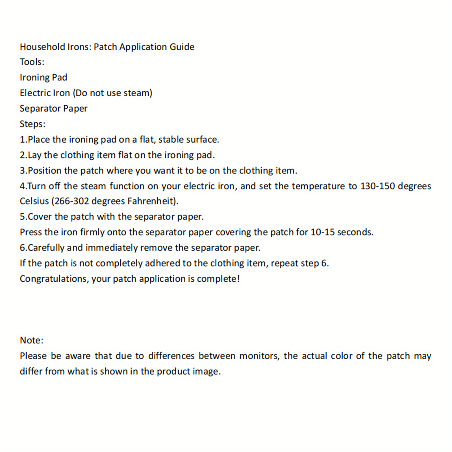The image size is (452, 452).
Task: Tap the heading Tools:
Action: click(x=32, y=62)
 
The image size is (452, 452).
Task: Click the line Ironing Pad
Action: click(x=44, y=77)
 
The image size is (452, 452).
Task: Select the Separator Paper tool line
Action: click(x=54, y=108)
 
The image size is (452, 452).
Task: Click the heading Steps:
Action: click(x=32, y=124)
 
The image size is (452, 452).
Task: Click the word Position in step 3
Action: click(x=45, y=171)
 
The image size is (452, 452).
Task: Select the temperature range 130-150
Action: click(x=377, y=186)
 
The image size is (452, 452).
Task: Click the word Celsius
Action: click(x=34, y=201)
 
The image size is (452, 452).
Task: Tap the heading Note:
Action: click(x=32, y=340)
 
